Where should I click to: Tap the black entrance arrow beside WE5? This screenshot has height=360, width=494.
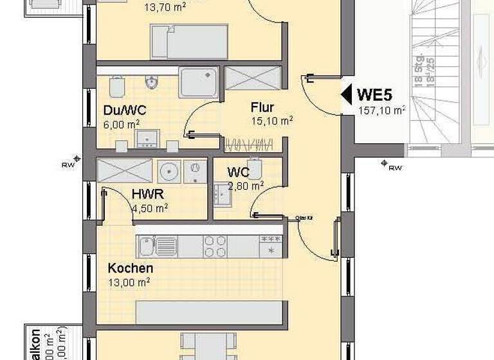click(346, 95)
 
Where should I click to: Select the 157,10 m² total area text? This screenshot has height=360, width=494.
click(381, 110)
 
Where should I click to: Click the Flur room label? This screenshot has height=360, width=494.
click(264, 107)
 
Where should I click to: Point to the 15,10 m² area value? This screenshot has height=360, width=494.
click(272, 120)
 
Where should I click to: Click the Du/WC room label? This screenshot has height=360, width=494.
click(122, 110)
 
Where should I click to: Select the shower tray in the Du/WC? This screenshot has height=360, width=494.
click(199, 82)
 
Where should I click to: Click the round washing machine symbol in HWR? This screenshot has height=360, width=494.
click(169, 171)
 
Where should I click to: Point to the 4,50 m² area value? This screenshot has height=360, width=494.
click(149, 207)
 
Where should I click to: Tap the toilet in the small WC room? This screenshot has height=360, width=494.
click(254, 169)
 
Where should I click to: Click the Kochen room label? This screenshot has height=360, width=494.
click(131, 268)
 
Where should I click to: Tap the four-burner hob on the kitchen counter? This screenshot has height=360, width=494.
click(214, 244)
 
